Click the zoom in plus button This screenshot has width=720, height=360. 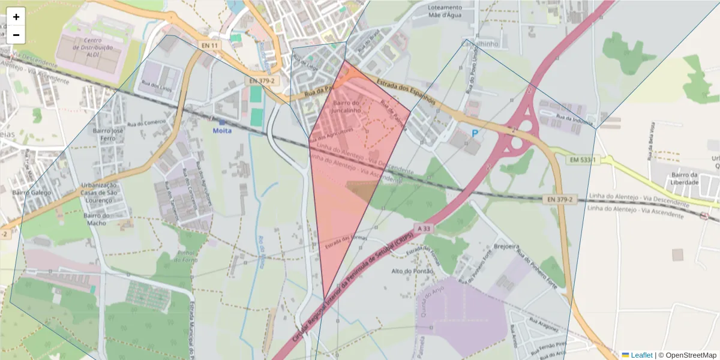[x=16, y=17]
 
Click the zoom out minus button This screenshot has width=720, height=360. [x=16, y=35]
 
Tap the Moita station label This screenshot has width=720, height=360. [x=222, y=130]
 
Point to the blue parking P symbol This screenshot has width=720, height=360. [x=475, y=133]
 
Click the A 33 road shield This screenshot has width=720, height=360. [x=423, y=229]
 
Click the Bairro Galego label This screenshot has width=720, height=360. [x=32, y=193]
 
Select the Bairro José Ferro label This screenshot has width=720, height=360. [x=108, y=134]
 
